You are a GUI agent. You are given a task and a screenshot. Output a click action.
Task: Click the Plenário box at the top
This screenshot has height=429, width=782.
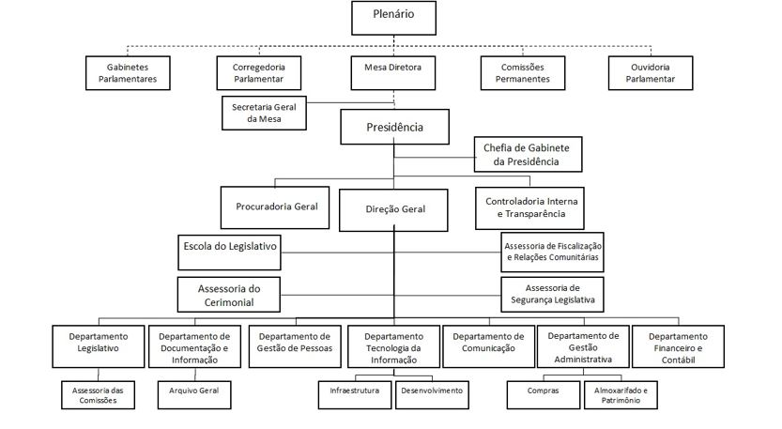393,18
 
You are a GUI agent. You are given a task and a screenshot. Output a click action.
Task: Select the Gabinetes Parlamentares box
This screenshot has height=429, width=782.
128,73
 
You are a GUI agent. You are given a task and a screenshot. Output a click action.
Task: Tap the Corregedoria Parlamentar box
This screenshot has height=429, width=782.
259,73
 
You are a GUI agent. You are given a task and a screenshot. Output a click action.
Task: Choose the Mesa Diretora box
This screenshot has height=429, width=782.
393,73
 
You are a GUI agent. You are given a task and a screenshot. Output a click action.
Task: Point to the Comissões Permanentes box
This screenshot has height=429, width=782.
523,73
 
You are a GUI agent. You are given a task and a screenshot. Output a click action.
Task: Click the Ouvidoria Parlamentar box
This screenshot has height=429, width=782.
651,73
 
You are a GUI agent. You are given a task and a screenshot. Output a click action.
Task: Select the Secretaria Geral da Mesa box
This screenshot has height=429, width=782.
264,114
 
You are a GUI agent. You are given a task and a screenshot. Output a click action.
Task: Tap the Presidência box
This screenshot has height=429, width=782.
394,128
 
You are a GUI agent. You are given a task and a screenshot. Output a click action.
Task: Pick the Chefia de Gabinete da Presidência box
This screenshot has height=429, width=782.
528,155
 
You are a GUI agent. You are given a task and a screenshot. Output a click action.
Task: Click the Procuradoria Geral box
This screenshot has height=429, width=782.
275,207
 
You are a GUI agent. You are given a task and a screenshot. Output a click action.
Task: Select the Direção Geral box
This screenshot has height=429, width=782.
393,210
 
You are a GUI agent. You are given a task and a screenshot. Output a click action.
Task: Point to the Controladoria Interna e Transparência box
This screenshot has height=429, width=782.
529,208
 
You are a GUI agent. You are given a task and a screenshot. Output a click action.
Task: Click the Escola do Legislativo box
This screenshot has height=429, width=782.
229,253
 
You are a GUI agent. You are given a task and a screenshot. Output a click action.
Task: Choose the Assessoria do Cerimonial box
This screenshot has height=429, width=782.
229,295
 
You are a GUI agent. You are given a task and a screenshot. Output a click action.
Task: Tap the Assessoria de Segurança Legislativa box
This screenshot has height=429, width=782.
553,295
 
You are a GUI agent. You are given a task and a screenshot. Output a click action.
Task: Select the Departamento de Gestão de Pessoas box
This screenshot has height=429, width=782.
295,346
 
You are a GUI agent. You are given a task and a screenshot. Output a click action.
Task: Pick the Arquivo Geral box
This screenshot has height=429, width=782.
194,395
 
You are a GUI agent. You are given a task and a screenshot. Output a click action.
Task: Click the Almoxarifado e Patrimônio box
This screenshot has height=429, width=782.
621,395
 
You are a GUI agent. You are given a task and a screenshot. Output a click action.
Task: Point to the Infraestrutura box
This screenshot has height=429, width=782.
355,395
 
